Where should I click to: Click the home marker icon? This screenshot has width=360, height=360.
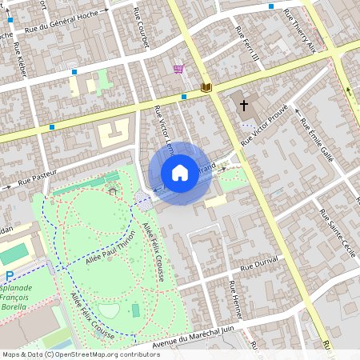(180, 172)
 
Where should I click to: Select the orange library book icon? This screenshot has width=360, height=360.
(206, 86)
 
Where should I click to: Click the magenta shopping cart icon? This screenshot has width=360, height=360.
(178, 70)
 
